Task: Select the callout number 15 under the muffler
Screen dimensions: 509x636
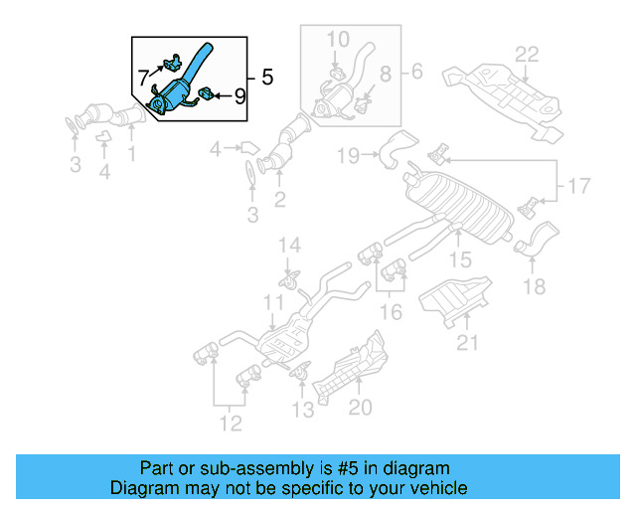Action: click(x=459, y=259)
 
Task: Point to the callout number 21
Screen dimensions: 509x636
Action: click(x=467, y=344)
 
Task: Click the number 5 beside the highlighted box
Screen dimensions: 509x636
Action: click(x=265, y=76)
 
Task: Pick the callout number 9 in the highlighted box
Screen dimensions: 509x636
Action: click(x=238, y=96)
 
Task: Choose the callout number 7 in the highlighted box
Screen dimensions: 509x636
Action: click(x=144, y=76)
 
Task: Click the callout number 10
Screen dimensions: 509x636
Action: click(x=338, y=40)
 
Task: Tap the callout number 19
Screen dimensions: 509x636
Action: click(x=347, y=155)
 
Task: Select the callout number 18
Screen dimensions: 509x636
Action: click(x=535, y=287)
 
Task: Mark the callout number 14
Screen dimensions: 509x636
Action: click(x=287, y=246)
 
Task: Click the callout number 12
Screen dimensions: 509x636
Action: click(x=231, y=424)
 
